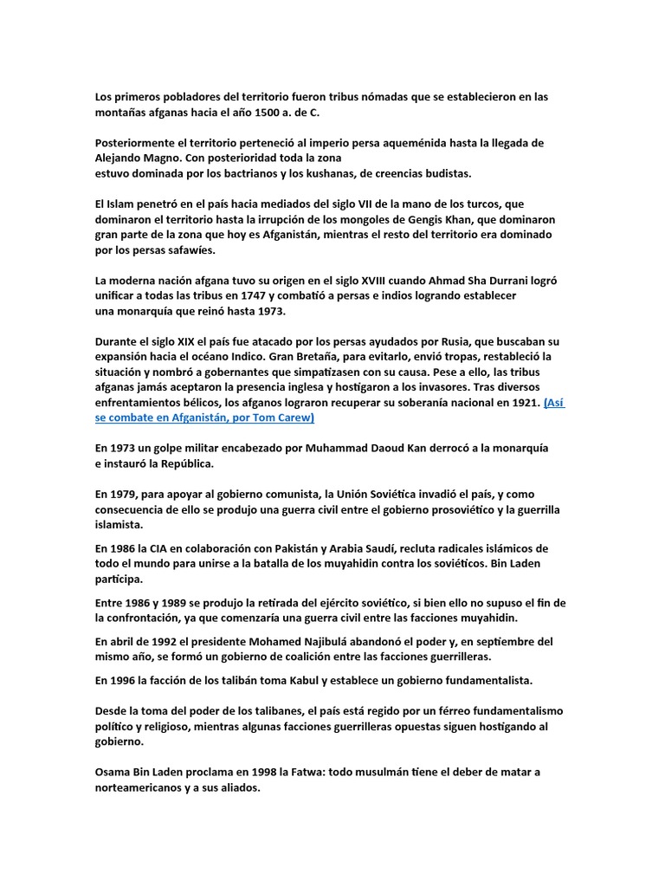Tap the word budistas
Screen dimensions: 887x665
pos(442,173)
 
